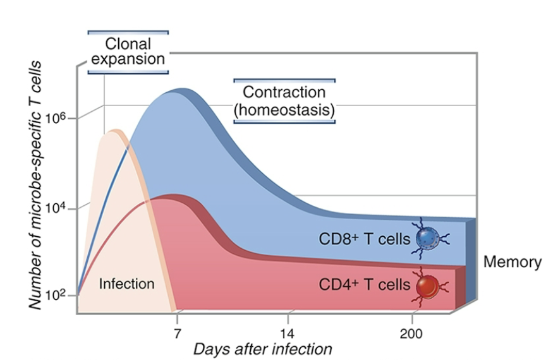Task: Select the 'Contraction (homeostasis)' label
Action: coord(284,101)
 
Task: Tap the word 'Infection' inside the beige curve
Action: coord(126,284)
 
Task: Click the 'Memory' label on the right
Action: coord(512,261)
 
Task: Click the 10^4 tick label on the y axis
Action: coord(61,208)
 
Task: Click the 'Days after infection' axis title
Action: coord(262,349)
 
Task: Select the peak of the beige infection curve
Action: coord(114,131)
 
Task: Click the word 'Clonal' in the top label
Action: coord(128,44)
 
